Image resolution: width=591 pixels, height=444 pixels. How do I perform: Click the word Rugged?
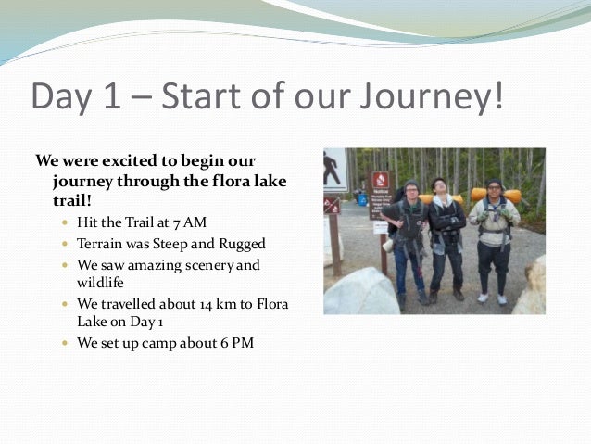click(237, 244)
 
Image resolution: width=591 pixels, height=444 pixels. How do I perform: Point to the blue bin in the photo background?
click(361, 197)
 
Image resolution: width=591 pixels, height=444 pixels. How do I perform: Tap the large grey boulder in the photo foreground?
click(364, 294)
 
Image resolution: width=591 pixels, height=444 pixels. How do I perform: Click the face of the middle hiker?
click(439, 188)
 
